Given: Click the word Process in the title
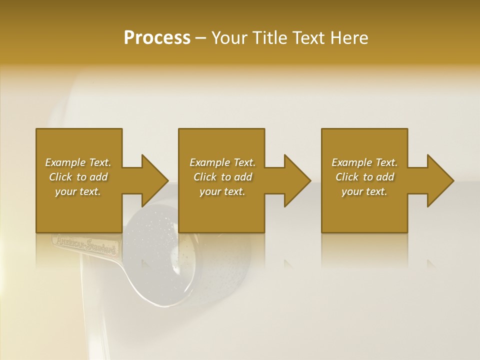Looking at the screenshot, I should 157,38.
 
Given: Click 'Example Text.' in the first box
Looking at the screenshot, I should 78,162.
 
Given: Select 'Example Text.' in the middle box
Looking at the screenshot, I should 222,162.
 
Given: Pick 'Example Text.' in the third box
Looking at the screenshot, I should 364,162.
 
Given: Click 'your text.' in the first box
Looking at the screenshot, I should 78,191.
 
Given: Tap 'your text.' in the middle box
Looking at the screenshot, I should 222,191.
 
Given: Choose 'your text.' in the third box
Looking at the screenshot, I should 364,191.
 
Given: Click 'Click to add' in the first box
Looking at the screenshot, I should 78,177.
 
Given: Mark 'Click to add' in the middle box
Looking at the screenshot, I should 222,177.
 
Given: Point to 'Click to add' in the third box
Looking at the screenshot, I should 364,177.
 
